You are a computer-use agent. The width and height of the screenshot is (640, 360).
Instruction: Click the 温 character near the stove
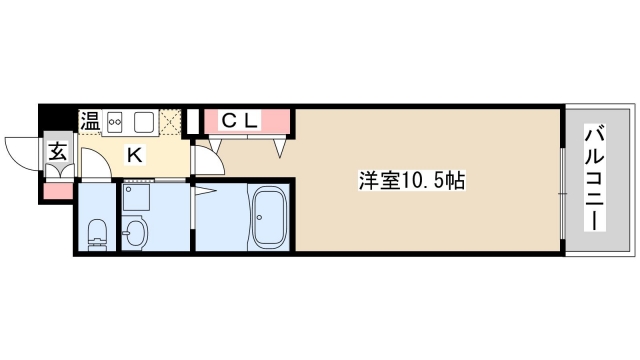click(90, 122)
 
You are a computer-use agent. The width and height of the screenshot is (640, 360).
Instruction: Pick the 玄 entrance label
click(57, 153)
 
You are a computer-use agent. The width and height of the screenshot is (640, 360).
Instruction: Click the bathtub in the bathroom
click(267, 216)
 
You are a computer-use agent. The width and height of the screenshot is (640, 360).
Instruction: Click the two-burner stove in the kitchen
click(115, 122)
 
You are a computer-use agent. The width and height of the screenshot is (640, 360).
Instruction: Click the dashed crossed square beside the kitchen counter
click(173, 122)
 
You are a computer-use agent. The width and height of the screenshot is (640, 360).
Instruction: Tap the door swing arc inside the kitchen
click(95, 162)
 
